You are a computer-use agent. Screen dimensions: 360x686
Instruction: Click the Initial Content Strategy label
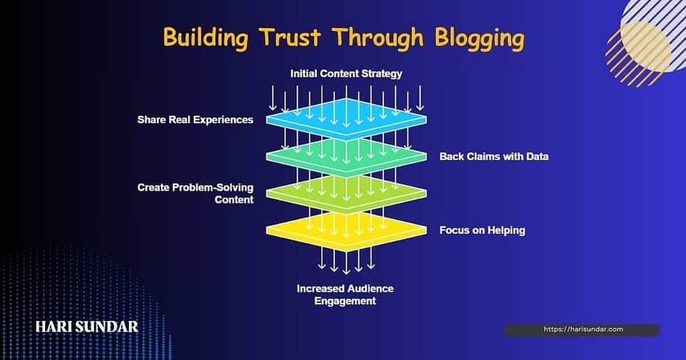click(346, 73)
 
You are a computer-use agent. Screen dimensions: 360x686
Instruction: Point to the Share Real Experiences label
click(195, 120)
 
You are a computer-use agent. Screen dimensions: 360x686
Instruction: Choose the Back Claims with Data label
click(494, 156)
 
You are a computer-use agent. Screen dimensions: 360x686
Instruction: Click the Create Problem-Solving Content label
click(195, 193)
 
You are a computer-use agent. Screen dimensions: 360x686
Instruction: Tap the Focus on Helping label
click(482, 230)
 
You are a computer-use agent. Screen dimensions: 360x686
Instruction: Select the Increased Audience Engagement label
click(345, 295)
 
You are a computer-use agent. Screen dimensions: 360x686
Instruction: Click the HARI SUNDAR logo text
click(87, 327)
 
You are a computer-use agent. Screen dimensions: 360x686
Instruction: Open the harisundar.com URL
click(583, 329)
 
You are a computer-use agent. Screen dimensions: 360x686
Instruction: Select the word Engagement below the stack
click(345, 302)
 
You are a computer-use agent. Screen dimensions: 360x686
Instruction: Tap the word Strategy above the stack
click(382, 73)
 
